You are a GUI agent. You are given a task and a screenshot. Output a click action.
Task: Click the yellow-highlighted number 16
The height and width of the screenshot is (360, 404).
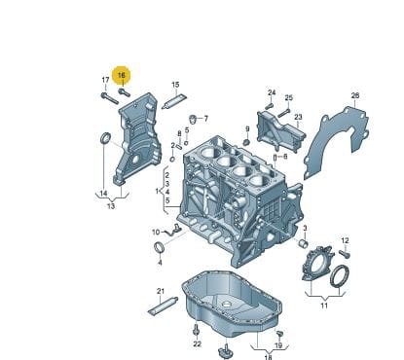pos(121,75)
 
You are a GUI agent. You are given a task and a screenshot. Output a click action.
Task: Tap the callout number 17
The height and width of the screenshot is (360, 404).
pos(105,80)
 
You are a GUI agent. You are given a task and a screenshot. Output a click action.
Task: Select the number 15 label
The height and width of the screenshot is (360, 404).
pos(175,85)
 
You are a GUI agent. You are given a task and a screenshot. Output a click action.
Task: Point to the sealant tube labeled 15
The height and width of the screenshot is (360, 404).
pos(175,101)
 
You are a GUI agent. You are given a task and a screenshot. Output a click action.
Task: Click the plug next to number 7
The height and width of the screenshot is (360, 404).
pos(194,119)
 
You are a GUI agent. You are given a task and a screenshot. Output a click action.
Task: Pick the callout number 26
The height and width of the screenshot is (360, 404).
pos(355,95)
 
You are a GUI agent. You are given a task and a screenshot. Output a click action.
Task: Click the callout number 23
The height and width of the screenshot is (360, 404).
pos(298,117)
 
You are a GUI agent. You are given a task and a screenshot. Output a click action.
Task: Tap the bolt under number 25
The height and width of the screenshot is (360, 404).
pos(283,112)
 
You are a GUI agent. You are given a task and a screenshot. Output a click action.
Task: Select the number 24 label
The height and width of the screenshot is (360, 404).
pos(272,92)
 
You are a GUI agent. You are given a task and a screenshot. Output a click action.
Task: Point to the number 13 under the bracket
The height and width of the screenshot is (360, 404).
pos(111,206)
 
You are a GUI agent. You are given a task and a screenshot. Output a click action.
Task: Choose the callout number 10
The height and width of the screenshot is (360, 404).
pos(156,233)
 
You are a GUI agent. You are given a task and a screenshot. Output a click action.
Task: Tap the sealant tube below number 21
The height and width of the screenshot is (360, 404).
pos(164,306)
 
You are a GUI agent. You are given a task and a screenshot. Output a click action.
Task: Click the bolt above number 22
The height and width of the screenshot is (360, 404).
pos(196,330)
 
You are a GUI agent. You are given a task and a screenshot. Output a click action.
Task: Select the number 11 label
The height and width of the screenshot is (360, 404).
pos(324,306)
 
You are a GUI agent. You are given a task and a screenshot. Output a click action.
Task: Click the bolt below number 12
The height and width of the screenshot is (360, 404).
pos(345,254)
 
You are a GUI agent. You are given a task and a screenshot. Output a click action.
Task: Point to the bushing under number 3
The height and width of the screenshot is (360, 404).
pos(303,243)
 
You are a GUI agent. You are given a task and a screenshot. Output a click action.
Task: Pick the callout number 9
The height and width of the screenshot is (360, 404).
pos(247,129)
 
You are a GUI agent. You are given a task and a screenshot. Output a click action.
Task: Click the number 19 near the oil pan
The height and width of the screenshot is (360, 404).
pos(278,345)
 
